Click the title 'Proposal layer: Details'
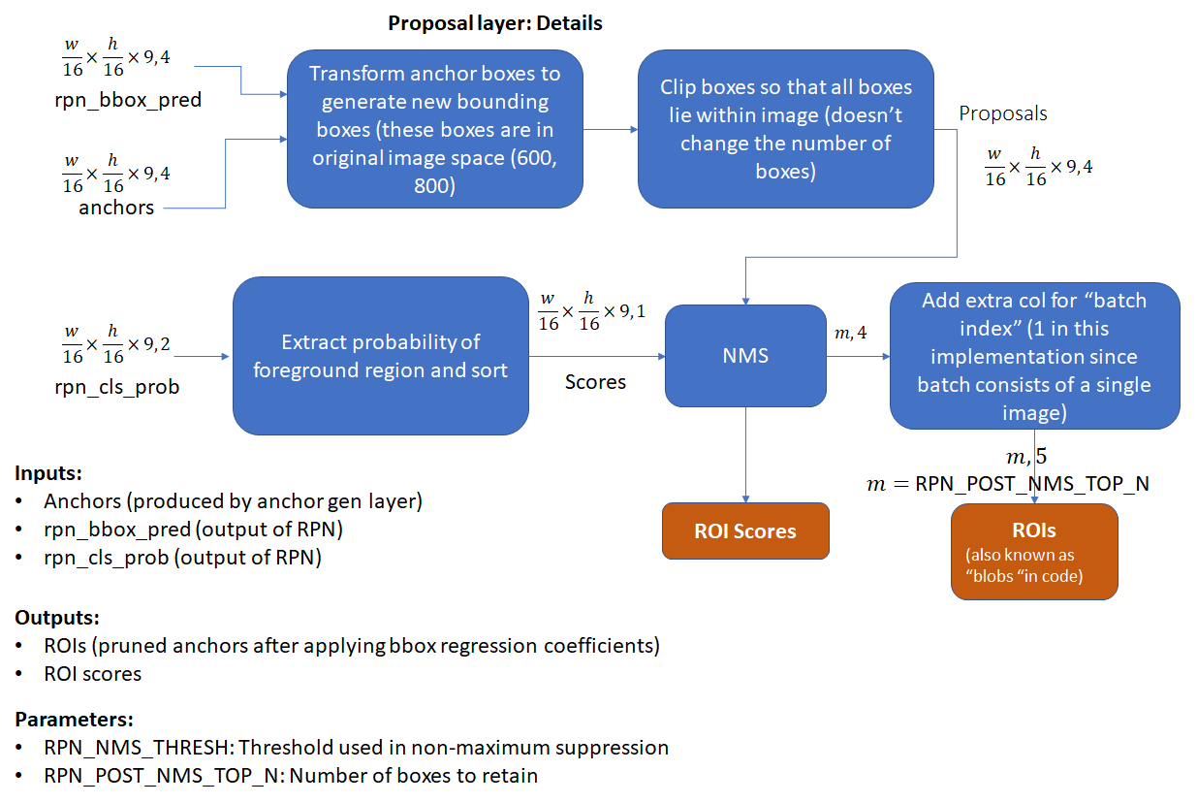click(495, 23)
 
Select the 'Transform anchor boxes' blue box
click(435, 129)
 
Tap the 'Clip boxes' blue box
click(785, 129)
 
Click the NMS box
click(745, 356)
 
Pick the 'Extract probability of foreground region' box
click(381, 356)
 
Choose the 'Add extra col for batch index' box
click(1034, 356)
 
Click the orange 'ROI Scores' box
click(745, 530)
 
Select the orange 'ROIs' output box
click(1034, 552)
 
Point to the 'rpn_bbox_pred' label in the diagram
click(128, 101)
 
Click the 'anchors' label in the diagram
click(116, 208)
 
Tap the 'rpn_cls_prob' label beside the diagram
click(117, 387)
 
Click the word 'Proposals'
click(1003, 113)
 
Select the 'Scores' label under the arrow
click(595, 382)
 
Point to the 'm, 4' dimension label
click(851, 333)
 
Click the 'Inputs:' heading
click(48, 473)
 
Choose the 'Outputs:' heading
click(57, 618)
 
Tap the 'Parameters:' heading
click(74, 720)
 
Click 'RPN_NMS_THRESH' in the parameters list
click(137, 748)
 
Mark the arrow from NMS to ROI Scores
click(745, 455)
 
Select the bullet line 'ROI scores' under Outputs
click(92, 674)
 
